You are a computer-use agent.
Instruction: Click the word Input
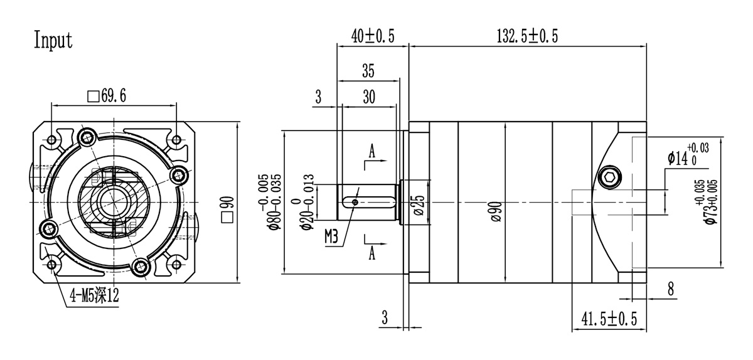pyautogui.click(x=53, y=40)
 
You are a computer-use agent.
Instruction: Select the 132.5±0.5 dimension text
pyautogui.click(x=527, y=36)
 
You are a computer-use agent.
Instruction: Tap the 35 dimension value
pyautogui.click(x=368, y=71)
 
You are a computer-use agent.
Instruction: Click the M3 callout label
pyautogui.click(x=333, y=236)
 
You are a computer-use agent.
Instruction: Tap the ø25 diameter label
pyautogui.click(x=419, y=205)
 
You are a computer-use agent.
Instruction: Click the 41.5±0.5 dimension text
pyautogui.click(x=609, y=319)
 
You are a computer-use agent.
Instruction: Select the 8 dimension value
pyautogui.click(x=670, y=289)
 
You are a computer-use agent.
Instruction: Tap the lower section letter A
pyautogui.click(x=372, y=252)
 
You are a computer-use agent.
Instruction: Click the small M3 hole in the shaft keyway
pyautogui.click(x=355, y=202)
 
